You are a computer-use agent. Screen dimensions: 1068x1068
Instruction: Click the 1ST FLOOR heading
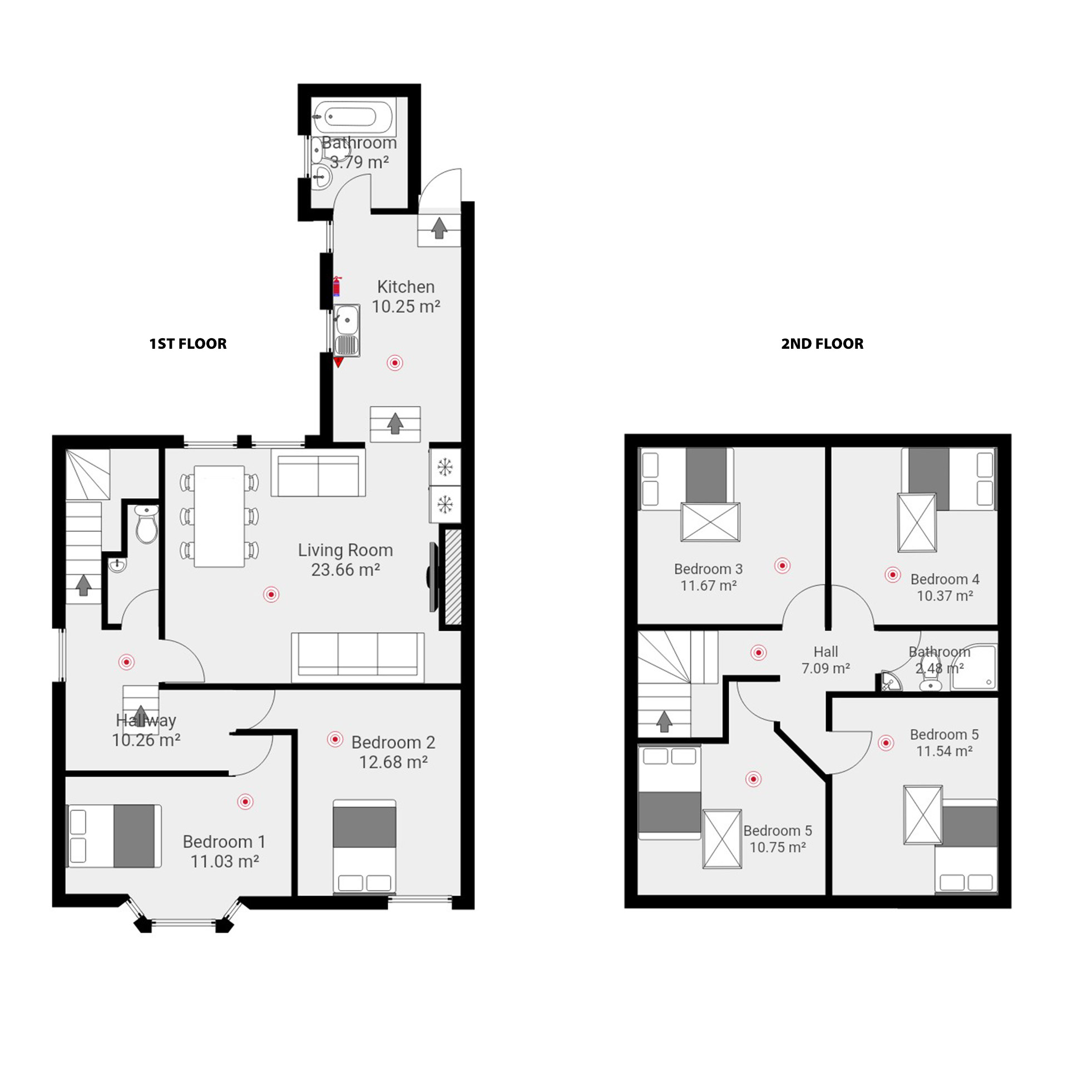pos(187,343)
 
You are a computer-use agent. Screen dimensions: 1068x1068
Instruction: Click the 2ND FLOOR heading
pos(822,343)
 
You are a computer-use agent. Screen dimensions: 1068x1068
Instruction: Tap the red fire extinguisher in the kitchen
pos(337,286)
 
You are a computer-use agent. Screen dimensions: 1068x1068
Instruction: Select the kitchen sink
pos(347,330)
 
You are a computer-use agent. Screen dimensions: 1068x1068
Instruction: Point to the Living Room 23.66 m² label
pos(345,560)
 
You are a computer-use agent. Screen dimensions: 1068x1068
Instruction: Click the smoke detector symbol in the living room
pos(271,595)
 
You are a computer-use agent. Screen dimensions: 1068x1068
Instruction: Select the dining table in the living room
pos(219,516)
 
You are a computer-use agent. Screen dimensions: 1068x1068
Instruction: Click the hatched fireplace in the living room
pos(453,577)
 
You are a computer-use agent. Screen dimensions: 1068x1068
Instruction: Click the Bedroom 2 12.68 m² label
pos(393,751)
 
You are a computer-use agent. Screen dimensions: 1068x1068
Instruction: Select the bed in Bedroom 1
pos(114,835)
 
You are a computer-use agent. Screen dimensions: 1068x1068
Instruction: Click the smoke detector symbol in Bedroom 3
pos(782,566)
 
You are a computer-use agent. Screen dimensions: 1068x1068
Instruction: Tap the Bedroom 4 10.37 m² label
pos(945,587)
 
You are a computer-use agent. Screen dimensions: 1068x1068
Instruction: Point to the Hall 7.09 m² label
pos(825,660)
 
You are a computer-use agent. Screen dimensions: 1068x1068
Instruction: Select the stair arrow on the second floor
pos(664,721)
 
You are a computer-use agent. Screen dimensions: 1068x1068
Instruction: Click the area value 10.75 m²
pos(777,847)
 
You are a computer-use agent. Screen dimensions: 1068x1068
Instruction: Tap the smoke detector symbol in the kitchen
pos(395,363)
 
